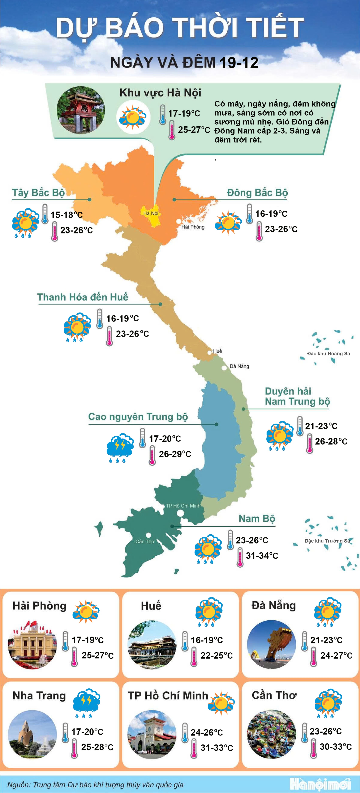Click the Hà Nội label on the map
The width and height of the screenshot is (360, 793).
point(151,213)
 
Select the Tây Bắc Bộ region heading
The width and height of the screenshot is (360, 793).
point(38,193)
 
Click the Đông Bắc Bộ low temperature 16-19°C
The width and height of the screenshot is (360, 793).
point(271,214)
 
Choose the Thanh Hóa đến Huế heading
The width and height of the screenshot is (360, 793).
point(82,297)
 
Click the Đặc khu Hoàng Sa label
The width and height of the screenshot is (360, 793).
point(328,353)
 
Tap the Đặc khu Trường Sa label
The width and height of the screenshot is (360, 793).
point(327,541)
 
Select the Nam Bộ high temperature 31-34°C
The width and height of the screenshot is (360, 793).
point(262,556)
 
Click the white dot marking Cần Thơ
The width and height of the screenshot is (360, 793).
point(148,535)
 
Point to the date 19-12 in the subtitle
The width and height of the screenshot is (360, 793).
point(239,63)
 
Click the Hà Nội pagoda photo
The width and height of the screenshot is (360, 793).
point(80,110)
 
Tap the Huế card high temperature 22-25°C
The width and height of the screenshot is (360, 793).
point(217,655)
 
